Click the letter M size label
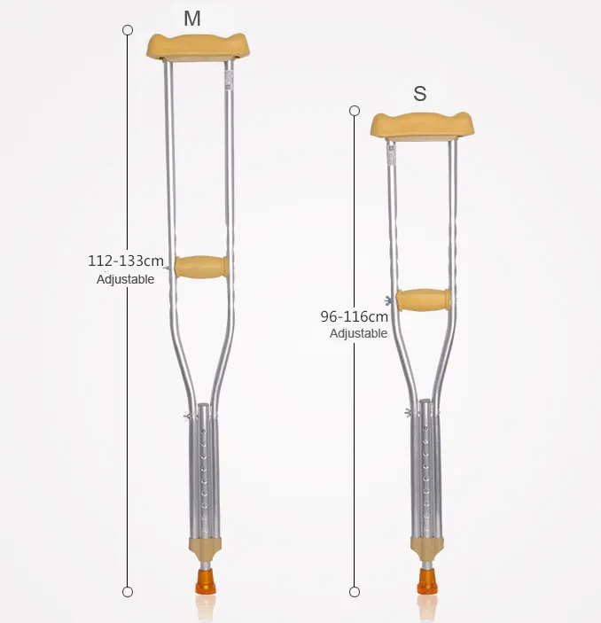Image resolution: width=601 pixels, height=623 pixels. point(192,18)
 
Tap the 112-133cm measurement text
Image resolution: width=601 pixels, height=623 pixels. point(126,261)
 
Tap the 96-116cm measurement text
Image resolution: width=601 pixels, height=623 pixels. point(354,316)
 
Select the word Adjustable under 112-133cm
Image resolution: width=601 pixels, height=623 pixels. point(125,279)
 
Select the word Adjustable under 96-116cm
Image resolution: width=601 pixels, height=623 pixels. point(358,334)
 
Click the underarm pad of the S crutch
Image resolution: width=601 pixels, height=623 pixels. point(422,125)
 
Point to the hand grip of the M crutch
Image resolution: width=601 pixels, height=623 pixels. point(201,266)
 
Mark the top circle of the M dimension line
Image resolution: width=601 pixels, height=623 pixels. point(128,30)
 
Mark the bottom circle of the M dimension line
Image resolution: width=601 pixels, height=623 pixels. point(128,591)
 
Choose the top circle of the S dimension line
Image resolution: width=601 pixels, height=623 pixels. point(355,111)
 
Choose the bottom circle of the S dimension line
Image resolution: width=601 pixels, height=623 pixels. point(355,591)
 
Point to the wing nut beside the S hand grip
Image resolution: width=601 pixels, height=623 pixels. point(389,301)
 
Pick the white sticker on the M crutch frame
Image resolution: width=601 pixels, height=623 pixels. point(228,79)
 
